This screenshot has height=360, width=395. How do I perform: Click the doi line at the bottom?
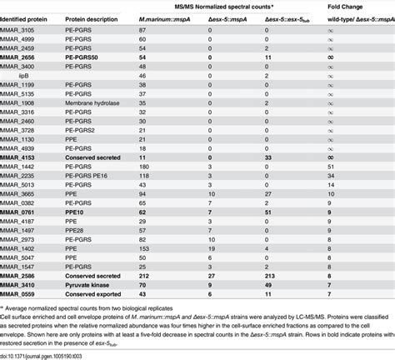[x=50, y=355]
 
